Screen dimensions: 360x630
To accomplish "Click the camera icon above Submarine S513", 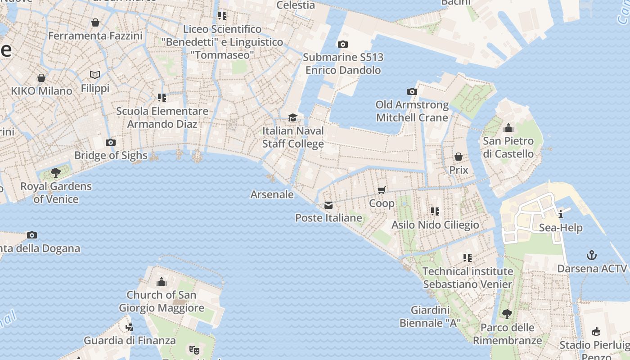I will pos(343,44).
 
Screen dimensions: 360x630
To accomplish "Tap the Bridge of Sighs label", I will pos(111,155).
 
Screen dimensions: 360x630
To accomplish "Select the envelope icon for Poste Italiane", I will pos(328,205).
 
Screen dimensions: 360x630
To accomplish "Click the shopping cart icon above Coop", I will pos(382,190).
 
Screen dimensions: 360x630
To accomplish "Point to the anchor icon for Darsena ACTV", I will pos(592,256).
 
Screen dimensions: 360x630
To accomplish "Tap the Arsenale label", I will pos(272,194).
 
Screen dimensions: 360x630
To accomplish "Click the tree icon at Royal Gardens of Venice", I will pos(56,173).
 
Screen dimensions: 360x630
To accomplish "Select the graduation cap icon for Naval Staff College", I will pos(293,118).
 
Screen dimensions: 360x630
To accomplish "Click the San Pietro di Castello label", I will pos(508,148).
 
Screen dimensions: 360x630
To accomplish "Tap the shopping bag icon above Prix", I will pos(459,157).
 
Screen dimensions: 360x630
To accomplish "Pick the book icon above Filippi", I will pos(95,75).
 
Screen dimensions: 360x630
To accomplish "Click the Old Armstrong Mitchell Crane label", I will pos(412,111).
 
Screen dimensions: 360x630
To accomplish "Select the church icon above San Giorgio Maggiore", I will pos(162,282).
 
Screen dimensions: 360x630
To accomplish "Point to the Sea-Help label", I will pos(561,228).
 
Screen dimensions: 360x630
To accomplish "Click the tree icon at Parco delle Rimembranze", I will pos(507,314).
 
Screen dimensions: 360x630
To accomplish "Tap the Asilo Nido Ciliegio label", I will pos(435,225).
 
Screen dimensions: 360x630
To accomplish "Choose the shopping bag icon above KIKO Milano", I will pos(41,78).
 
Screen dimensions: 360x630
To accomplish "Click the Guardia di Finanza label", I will pos(130,340).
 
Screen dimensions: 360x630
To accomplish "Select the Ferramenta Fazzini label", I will pos(95,36).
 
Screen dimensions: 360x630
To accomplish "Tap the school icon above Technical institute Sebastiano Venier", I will pos(468,258).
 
